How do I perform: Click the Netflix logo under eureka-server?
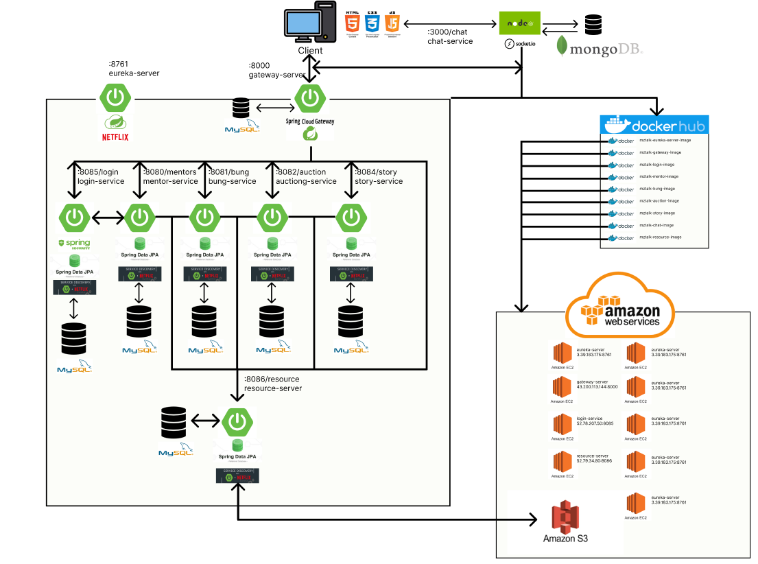(115, 136)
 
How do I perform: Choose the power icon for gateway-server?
(310, 97)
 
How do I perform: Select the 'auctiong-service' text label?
(306, 181)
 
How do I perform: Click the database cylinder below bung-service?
(204, 320)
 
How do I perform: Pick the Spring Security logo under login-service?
(75, 244)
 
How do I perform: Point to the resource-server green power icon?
(237, 421)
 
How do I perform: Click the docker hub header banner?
(654, 125)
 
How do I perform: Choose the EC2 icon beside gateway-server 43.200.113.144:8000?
(562, 388)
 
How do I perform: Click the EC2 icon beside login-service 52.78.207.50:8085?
(562, 425)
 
